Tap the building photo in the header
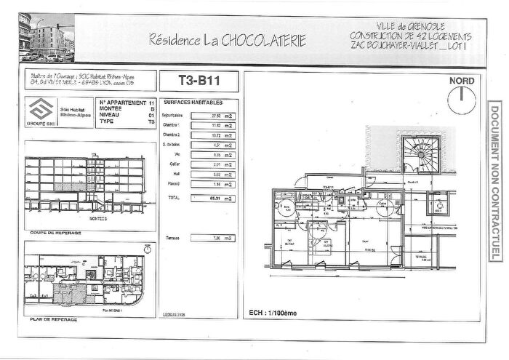[x=46, y=36]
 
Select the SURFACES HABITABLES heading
[x=193, y=103]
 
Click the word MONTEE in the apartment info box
[x=112, y=109]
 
